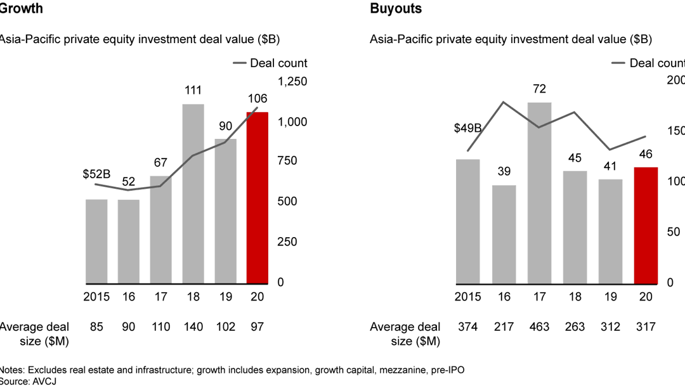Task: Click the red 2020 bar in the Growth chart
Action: [x=257, y=197]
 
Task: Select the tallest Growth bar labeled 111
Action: [x=193, y=193]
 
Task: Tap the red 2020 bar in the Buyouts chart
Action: [x=645, y=225]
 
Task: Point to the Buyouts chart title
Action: [x=396, y=9]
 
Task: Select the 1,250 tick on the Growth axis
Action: [x=292, y=81]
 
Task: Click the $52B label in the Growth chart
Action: [x=97, y=174]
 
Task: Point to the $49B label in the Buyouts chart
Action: [x=467, y=129]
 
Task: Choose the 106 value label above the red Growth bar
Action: [x=258, y=99]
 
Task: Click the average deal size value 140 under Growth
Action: [x=193, y=327]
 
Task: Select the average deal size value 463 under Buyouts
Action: [x=538, y=327]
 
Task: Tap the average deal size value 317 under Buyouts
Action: [x=645, y=327]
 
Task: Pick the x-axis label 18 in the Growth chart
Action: [x=193, y=297]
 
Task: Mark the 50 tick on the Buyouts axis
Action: [x=676, y=232]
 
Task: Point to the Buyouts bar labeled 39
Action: [x=504, y=234]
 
